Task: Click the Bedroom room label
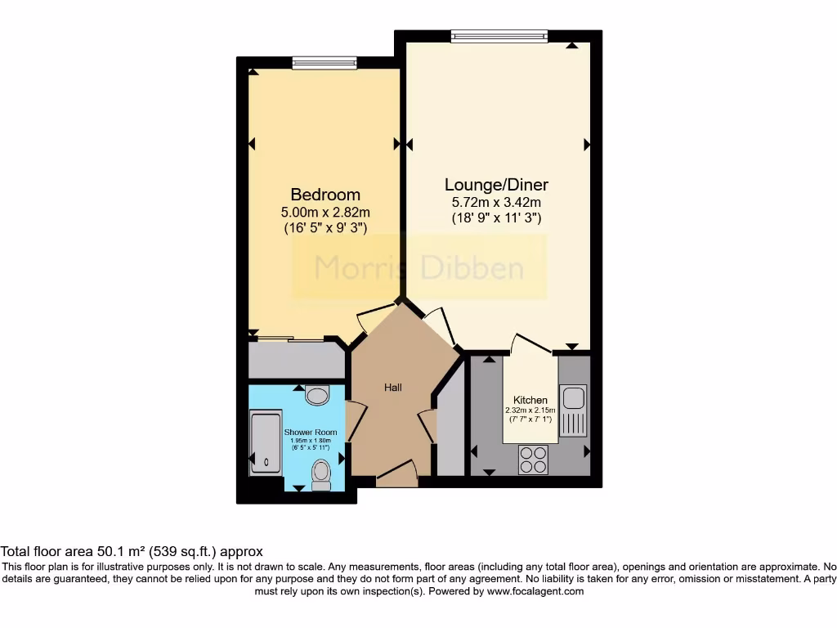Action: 325,195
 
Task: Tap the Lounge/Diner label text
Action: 496,184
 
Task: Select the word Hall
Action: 393,387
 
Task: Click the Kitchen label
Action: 530,400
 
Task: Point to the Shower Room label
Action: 311,432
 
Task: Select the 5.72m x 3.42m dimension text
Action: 496,202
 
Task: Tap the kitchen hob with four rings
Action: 535,459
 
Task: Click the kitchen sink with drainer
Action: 573,409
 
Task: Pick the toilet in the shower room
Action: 320,473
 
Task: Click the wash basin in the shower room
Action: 316,396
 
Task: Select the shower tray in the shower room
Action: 266,442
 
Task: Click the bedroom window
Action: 325,62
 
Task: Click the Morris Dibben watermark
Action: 419,267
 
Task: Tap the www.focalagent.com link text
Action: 535,591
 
